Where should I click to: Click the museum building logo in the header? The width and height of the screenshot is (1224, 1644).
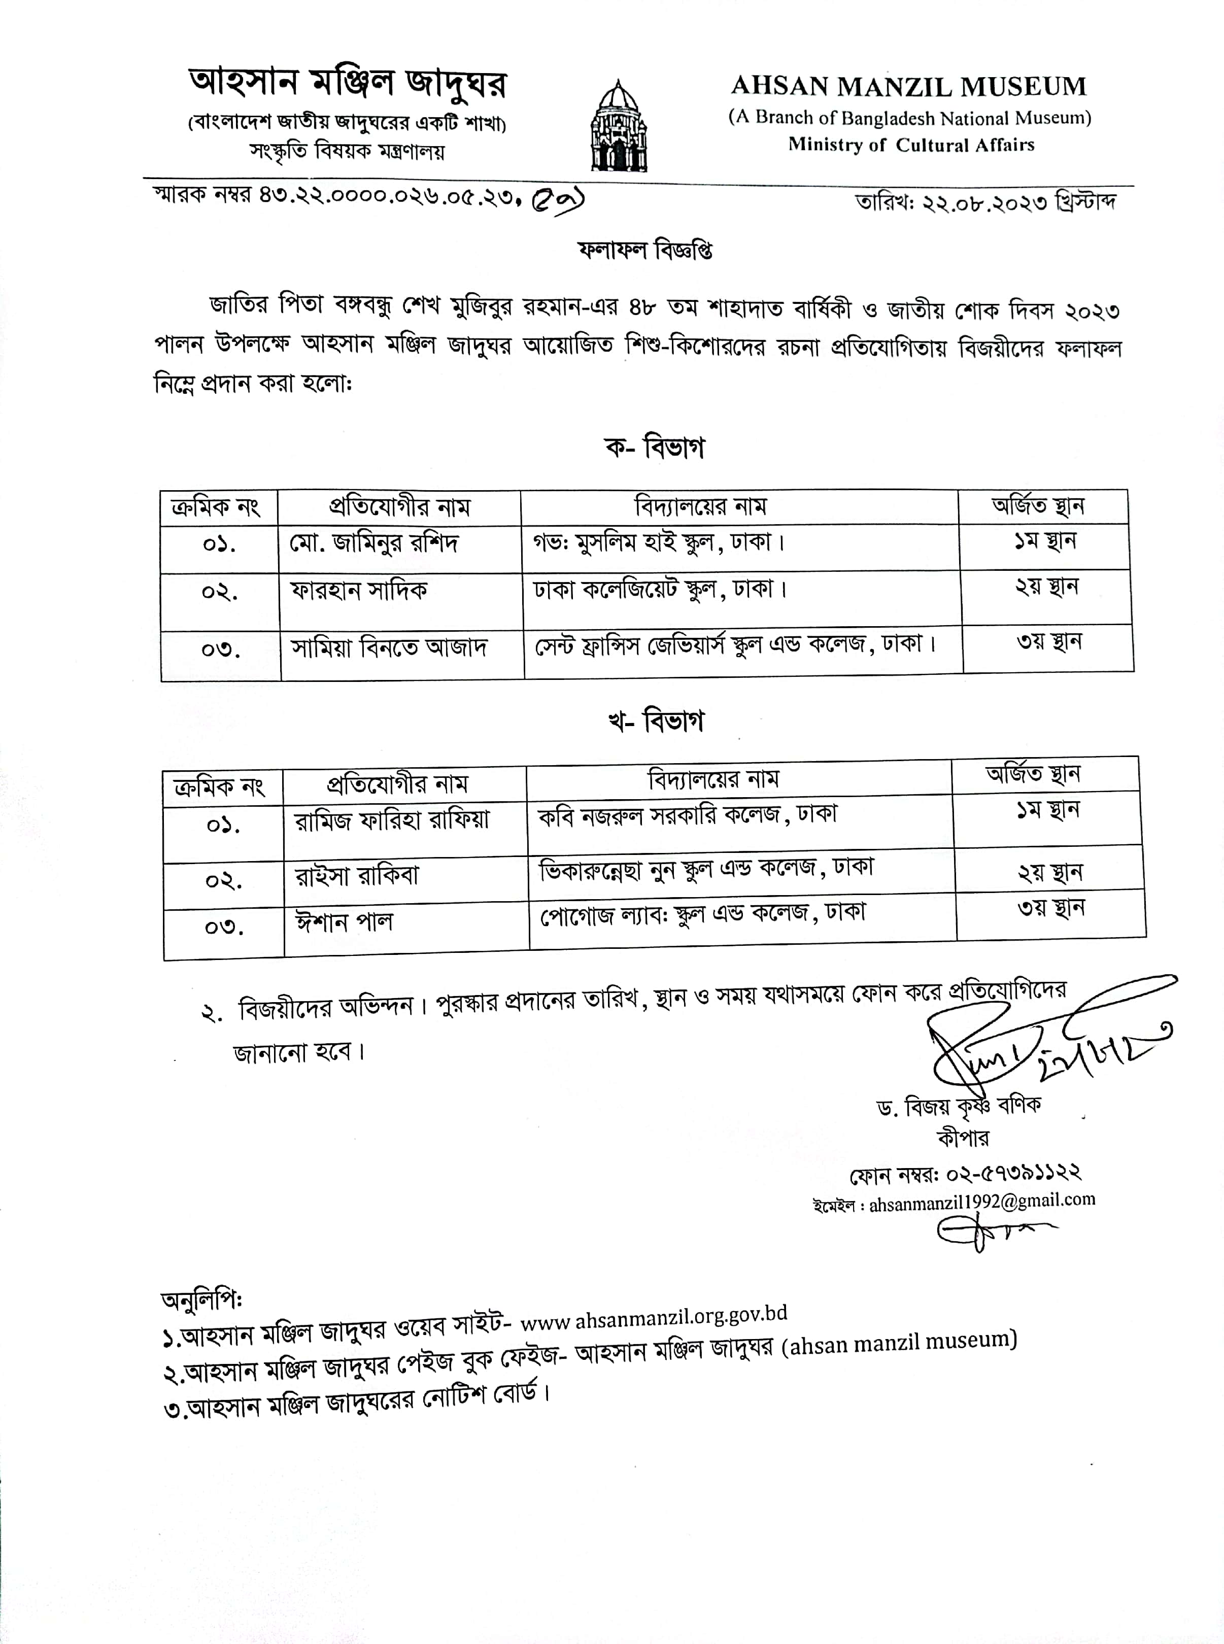point(618,127)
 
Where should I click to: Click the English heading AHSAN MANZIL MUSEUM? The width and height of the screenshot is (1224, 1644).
point(908,87)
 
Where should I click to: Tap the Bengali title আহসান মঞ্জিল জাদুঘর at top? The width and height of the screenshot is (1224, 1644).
point(348,84)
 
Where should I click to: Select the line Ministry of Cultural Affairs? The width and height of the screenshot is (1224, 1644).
point(910,145)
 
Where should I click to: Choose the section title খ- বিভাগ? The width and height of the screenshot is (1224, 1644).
point(656,721)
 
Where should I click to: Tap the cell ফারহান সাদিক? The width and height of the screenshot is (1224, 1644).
point(359,591)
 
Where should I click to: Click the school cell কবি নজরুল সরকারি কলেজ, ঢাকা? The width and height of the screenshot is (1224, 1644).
point(688,815)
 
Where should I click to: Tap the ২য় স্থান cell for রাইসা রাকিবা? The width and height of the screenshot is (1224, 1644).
point(1050,873)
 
